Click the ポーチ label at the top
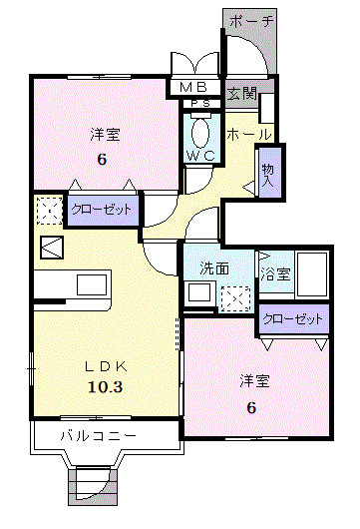(x=251, y=20)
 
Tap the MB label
(x=193, y=87)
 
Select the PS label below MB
(x=199, y=102)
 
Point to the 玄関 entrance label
(x=241, y=95)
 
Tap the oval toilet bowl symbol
(x=199, y=132)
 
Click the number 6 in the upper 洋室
(x=101, y=160)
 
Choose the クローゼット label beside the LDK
(x=103, y=210)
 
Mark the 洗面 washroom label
(x=214, y=268)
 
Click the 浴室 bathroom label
(x=274, y=271)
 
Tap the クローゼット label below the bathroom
(x=294, y=319)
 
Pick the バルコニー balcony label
(x=98, y=436)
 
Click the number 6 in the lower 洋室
(x=252, y=406)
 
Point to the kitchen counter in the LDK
(x=75, y=284)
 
